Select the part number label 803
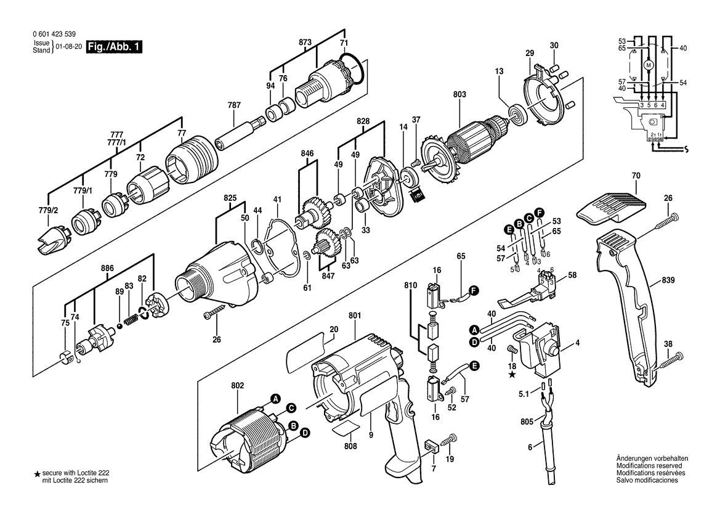(x=459, y=94)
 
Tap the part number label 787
(x=234, y=105)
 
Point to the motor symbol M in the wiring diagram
(x=649, y=65)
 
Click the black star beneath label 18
(x=512, y=375)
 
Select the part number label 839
(x=668, y=280)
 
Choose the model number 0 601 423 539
(x=54, y=34)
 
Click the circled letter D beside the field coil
(x=304, y=433)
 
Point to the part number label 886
(x=107, y=268)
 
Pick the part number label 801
(x=355, y=316)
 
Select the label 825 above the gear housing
(x=230, y=198)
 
